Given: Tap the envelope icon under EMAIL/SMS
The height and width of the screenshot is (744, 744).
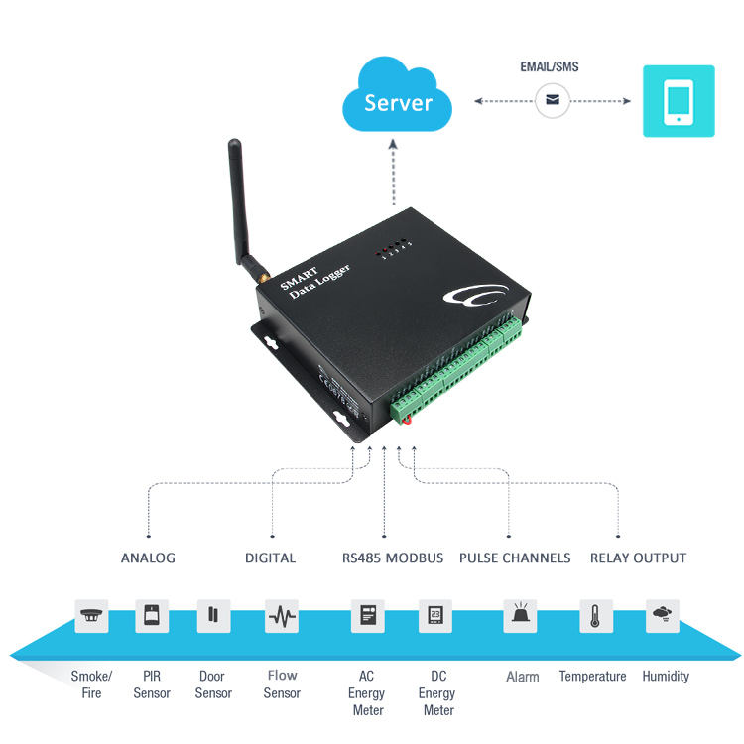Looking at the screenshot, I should tap(553, 100).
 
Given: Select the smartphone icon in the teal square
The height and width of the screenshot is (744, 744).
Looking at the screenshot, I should tap(679, 101).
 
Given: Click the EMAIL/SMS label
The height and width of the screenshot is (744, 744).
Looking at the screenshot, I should tap(549, 67).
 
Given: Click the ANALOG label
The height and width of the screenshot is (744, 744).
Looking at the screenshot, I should tap(148, 558).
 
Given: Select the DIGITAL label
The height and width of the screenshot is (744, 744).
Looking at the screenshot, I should tap(270, 558).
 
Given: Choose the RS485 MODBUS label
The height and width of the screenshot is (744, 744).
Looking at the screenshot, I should tap(392, 558).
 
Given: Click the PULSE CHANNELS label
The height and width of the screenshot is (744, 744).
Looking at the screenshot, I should tap(515, 558).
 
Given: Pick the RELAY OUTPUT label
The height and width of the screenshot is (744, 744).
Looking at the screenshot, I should tap(638, 558).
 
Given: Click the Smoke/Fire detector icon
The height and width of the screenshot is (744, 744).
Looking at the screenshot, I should tap(92, 615).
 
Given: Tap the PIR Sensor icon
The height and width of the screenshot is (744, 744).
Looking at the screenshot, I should tap(152, 615).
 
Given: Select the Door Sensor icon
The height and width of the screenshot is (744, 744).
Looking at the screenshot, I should tap(213, 615).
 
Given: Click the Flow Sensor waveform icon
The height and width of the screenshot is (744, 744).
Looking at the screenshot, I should tap(282, 616).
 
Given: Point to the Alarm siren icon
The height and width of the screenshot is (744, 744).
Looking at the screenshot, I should tap(521, 615).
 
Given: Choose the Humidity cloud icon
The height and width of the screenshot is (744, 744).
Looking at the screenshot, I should tap(663, 615).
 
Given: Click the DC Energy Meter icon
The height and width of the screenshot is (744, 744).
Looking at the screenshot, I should tap(435, 615).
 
